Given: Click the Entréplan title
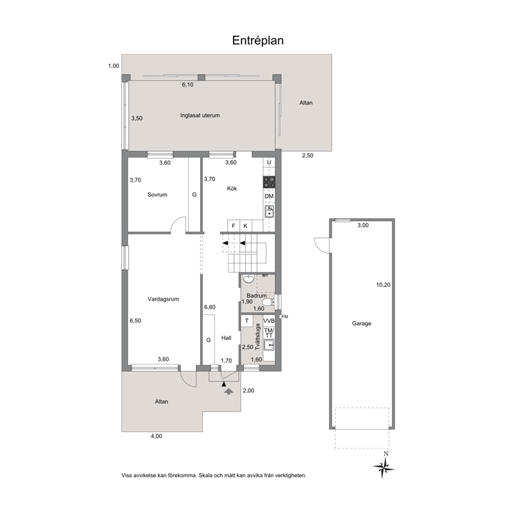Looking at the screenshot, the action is [257, 41].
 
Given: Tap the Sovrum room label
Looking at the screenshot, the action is [157, 195].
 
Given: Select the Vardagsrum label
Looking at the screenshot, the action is [163, 299].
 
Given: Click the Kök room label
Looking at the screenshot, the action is [232, 189].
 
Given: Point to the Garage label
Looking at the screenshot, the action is [362, 324].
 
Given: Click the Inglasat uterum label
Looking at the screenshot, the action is [200, 115].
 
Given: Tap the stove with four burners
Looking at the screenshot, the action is [269, 182].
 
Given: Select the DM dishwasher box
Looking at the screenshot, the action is [269, 197].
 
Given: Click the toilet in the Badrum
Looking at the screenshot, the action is [268, 302].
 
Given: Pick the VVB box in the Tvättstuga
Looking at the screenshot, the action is [269, 321].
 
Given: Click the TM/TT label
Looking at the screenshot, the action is [269, 333].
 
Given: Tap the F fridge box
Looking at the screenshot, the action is [234, 226].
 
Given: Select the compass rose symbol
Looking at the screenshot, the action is [383, 467].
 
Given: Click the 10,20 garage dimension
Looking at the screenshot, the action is [383, 285].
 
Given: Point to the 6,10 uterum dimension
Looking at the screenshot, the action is [188, 85].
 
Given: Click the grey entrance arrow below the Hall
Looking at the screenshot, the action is [228, 391].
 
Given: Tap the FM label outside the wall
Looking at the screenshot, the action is [285, 317].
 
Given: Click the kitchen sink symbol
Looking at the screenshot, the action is [269, 212].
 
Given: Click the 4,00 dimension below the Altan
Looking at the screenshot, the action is [157, 436].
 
